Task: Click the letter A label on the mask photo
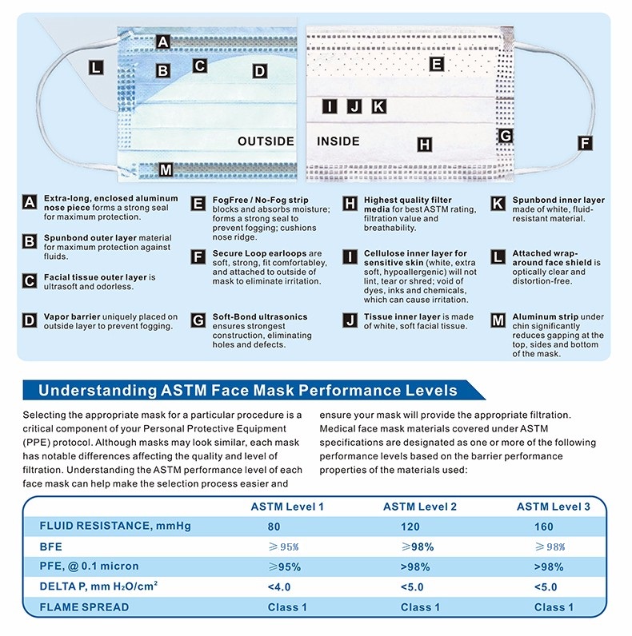[163, 42]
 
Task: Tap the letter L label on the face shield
[96, 69]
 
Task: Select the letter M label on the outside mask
[166, 169]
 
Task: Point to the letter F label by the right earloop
[585, 144]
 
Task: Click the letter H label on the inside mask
[424, 145]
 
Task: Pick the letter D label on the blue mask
[258, 71]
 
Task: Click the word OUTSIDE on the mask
[266, 141]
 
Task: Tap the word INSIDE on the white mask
[338, 141]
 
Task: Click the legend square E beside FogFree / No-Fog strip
[198, 203]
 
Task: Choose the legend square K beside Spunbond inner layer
[498, 203]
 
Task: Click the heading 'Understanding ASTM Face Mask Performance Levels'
[248, 391]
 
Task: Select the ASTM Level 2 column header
[420, 507]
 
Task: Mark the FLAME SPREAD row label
[84, 607]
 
